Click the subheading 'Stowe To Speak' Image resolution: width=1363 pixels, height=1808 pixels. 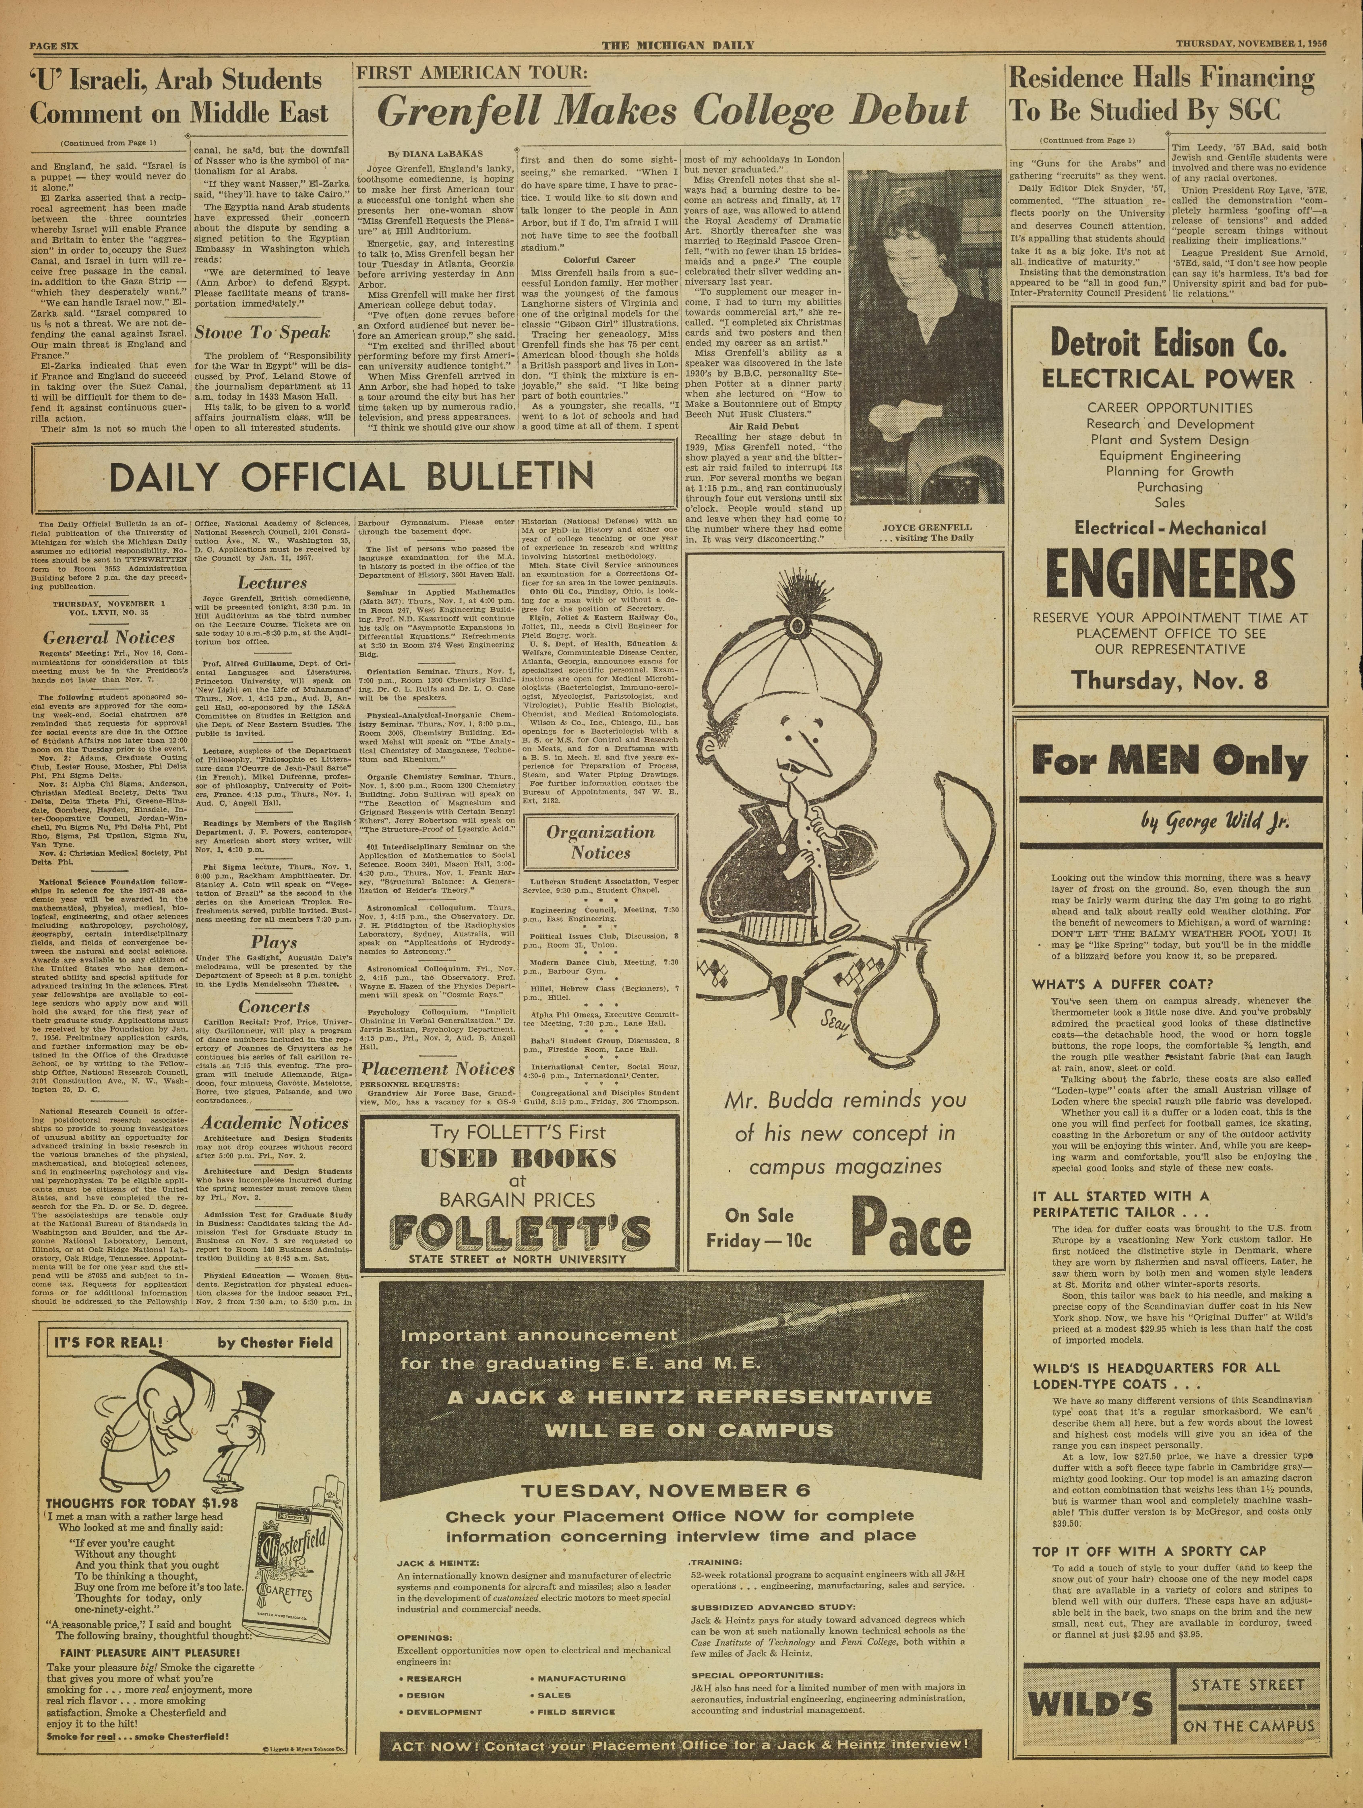click(262, 333)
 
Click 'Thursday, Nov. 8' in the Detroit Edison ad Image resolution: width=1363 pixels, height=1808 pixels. click(1171, 679)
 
